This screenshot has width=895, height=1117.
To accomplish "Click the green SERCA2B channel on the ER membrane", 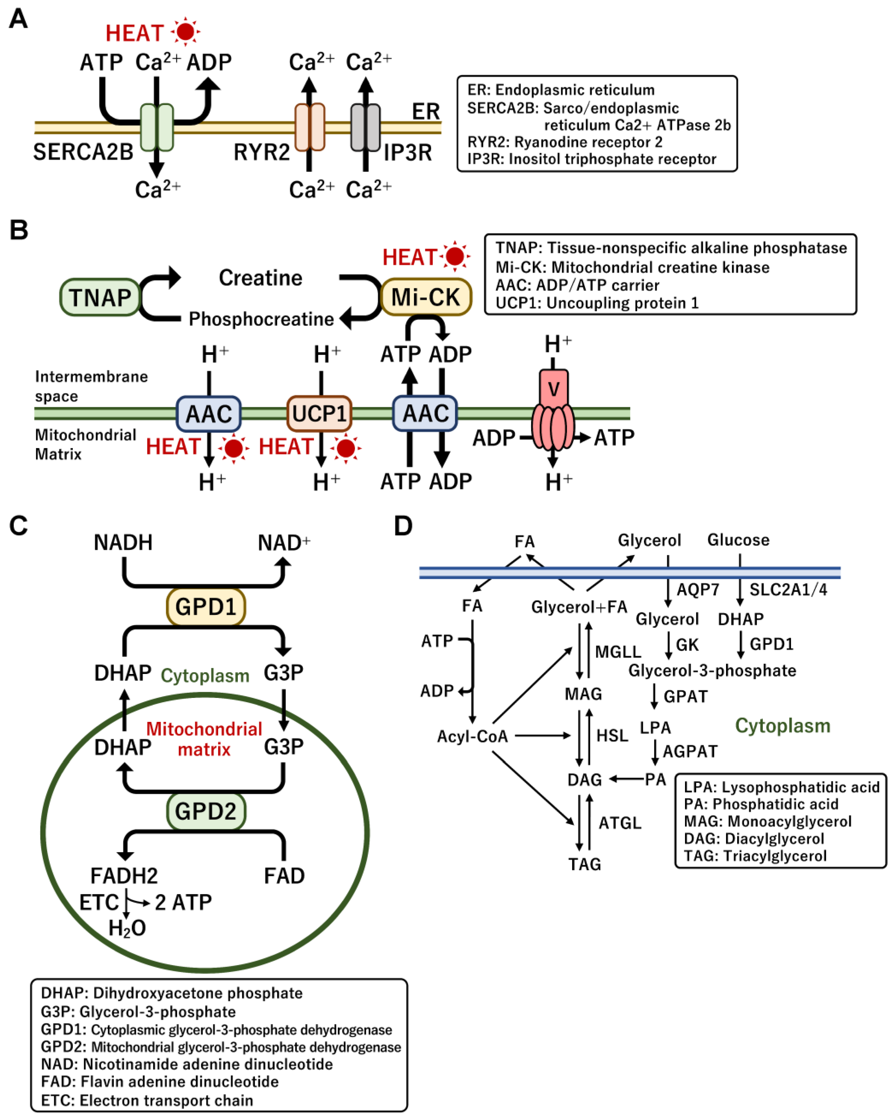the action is point(157,127).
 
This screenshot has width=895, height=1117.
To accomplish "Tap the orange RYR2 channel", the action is point(310,127).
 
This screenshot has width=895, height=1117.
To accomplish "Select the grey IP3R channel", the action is point(366,127).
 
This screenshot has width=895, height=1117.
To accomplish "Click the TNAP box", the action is point(100,297).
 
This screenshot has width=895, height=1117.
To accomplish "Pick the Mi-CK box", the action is point(426,297).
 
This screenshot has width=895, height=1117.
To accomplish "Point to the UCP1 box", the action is point(319,413).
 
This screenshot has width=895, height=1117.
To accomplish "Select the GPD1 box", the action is point(206,606).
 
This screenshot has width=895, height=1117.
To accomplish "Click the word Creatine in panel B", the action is point(260,278).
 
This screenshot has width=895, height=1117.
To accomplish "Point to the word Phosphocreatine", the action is point(261,319).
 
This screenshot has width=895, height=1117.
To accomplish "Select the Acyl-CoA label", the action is point(472,736).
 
